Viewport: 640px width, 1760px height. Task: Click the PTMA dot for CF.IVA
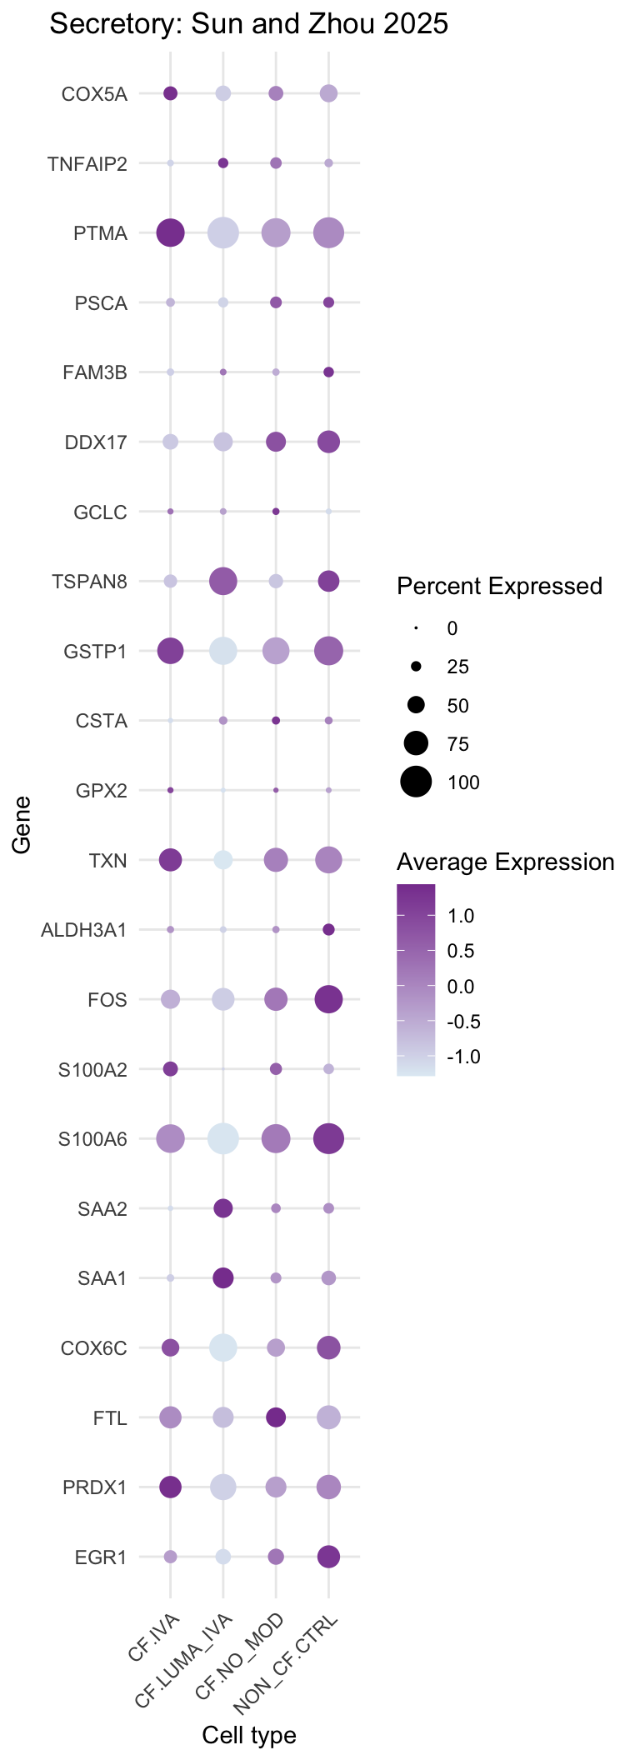pyautogui.click(x=171, y=232)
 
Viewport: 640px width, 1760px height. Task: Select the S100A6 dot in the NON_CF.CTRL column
pyautogui.click(x=328, y=1138)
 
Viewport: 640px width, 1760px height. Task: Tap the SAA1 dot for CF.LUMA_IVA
pyautogui.click(x=222, y=1277)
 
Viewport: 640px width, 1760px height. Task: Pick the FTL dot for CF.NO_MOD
pyautogui.click(x=276, y=1417)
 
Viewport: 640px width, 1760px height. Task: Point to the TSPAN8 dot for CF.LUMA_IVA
pyautogui.click(x=222, y=581)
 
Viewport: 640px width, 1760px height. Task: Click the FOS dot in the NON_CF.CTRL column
pyautogui.click(x=328, y=998)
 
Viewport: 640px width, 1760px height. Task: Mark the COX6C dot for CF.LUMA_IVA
pyautogui.click(x=222, y=1347)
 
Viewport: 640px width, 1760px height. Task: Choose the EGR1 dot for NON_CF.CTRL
pyautogui.click(x=328, y=1556)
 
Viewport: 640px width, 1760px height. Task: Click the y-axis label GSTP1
pyautogui.click(x=96, y=652)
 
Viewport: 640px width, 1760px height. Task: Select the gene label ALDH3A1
pyautogui.click(x=84, y=930)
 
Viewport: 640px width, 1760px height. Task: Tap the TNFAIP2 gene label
pyautogui.click(x=87, y=164)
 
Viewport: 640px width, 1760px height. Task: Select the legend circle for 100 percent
pyautogui.click(x=416, y=782)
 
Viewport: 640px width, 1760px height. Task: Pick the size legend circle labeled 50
pyautogui.click(x=416, y=706)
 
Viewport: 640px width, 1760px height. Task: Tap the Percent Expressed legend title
pyautogui.click(x=499, y=587)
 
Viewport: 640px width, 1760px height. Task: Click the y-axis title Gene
pyautogui.click(x=22, y=825)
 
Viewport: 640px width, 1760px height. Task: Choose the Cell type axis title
pyautogui.click(x=249, y=1735)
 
